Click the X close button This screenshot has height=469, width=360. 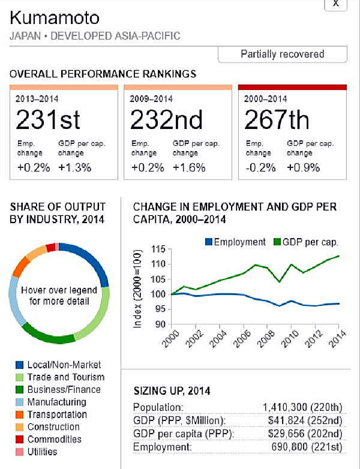coord(336,4)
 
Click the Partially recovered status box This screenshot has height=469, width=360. coord(282,54)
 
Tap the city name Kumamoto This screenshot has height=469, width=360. coord(55,17)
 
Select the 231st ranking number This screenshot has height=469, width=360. coord(48,121)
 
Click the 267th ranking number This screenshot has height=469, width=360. coord(277,121)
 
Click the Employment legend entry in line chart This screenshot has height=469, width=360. coord(235,242)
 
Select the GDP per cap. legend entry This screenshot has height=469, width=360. coord(306,242)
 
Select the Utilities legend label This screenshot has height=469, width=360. coord(42,452)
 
